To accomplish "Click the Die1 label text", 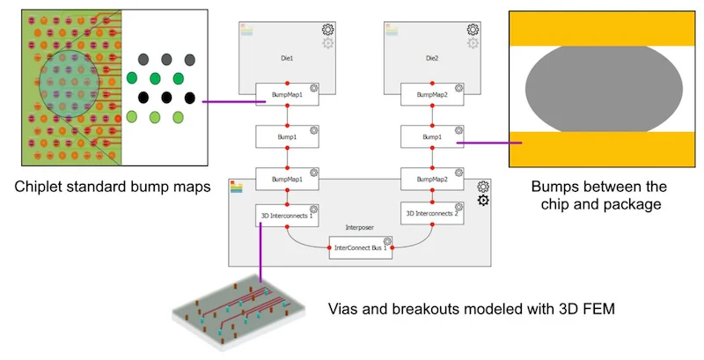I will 287,55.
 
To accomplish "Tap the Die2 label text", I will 431,55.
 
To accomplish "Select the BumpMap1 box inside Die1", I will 287,93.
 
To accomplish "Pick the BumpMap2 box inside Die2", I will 432,93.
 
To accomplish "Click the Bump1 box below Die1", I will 287,136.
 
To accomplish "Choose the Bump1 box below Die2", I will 432,136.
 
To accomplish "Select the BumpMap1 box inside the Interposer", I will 287,178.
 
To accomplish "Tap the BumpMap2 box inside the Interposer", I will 432,178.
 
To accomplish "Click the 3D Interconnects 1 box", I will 287,214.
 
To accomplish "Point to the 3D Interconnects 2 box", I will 431,214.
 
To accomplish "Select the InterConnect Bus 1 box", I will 360,247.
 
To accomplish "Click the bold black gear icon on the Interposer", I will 482,201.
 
